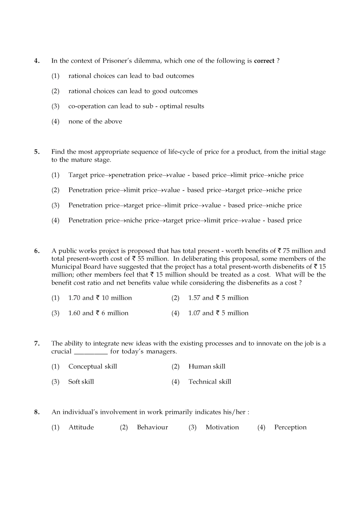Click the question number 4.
tap(37, 61)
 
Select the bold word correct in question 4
tap(264, 61)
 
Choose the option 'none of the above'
tap(95, 122)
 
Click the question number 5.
tap(37, 152)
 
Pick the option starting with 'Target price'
tap(186, 175)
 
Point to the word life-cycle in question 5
tap(181, 152)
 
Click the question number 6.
tap(37, 251)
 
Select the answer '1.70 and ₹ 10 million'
tap(100, 298)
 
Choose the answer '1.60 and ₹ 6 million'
tap(98, 313)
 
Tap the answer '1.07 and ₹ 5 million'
tap(218, 313)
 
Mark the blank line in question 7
tap(91, 352)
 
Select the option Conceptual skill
tap(93, 366)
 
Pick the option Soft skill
tap(81, 382)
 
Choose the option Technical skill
tap(210, 382)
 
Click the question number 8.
tap(37, 412)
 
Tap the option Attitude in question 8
tap(81, 427)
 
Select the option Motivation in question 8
tap(222, 427)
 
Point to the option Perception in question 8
tap(290, 427)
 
